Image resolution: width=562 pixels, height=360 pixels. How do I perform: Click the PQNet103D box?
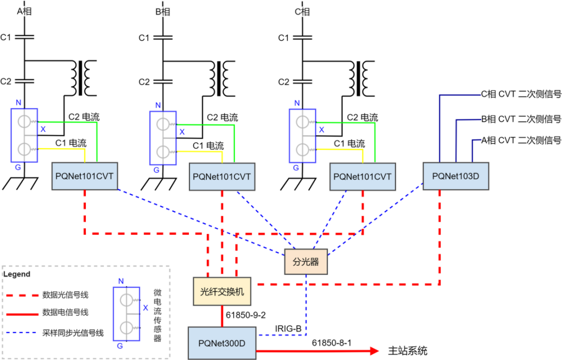pos(456,176)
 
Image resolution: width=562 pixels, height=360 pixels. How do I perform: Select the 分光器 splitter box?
pos(306,262)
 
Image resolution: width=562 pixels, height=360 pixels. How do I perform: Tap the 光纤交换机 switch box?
pos(222,291)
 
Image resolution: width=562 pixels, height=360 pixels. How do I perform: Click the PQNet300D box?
pos(222,343)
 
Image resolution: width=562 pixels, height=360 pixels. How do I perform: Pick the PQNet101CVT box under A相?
pos(85,176)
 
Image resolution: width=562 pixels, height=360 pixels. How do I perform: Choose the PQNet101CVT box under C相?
pos(363,177)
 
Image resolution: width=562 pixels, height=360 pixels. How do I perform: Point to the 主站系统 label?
pos(408,351)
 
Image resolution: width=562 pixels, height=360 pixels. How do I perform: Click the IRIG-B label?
pos(288,329)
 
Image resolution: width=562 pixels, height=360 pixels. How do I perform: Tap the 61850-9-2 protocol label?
pos(246,315)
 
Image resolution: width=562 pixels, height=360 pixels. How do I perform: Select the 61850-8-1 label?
pos(332,343)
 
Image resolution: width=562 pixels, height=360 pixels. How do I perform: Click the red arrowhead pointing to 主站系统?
pos(374,351)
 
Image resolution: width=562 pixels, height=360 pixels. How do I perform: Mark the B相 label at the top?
pos(163,12)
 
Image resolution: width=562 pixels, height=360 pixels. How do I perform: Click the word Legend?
pos(17,274)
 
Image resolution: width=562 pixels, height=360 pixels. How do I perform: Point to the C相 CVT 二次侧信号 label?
pos(521,94)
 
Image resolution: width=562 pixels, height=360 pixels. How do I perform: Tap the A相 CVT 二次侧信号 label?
pos(521,140)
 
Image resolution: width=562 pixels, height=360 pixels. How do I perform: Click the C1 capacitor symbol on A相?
pos(24,37)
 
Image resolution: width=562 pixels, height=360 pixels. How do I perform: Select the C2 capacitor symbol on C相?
pos(302,82)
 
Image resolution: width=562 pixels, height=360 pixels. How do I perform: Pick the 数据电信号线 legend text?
pos(65,312)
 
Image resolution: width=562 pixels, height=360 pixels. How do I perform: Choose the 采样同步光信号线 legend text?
pos(73,333)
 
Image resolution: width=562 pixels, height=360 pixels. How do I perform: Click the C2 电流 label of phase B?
pos(222,117)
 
